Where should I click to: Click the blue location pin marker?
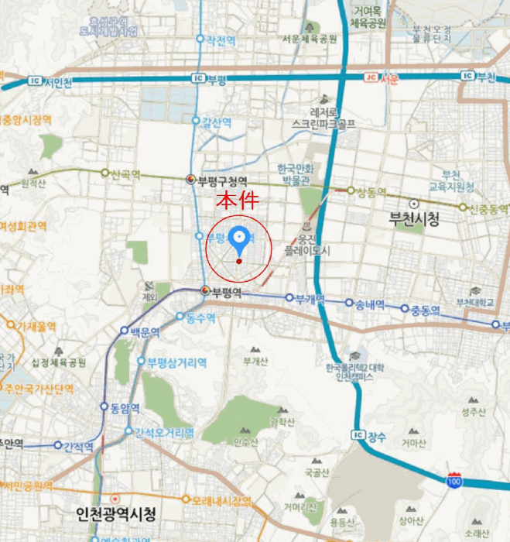pos(239,241)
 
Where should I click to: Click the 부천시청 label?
pos(413,220)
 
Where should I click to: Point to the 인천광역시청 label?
pos(117,513)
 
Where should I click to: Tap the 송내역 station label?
pos(370,304)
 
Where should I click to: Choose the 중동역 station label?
pos(425,310)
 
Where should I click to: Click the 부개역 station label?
pos(310,299)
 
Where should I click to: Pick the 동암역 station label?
pos(125,407)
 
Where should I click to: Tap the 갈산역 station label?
pos(217,122)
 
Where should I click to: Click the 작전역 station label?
pos(221,39)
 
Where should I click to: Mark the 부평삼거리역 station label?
pos(177,362)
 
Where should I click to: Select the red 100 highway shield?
pos(454,480)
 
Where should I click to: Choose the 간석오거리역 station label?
pos(163,432)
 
